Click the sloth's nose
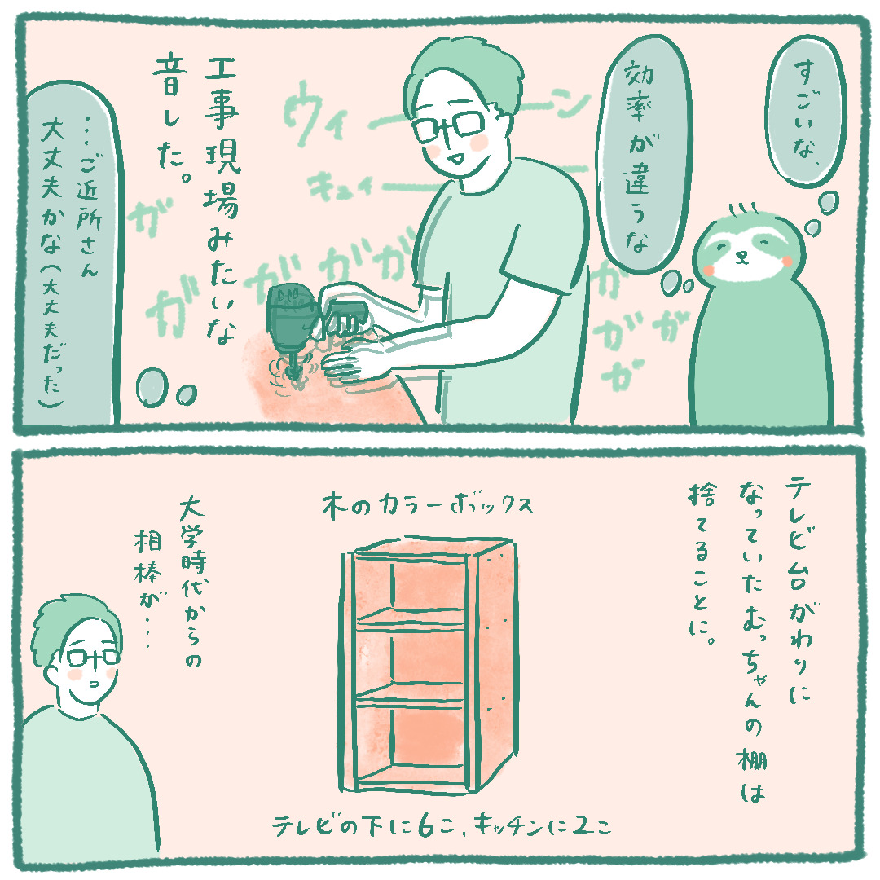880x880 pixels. [x=741, y=255]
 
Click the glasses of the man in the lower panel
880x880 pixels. [x=93, y=658]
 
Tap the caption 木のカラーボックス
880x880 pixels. [x=427, y=506]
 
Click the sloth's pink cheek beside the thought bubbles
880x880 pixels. [x=787, y=261]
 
